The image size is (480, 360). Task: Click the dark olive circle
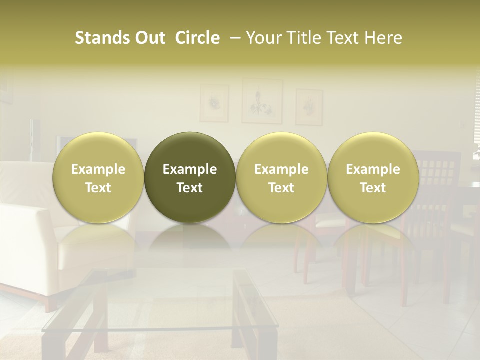click(190, 178)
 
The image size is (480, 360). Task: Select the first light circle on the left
click(98, 178)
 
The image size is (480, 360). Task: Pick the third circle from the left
click(281, 178)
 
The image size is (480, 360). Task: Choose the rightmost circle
click(373, 178)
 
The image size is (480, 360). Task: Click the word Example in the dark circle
click(190, 169)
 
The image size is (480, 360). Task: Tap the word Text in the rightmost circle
click(373, 188)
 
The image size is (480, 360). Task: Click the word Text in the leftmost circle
click(98, 188)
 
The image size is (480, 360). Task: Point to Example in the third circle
click(281, 169)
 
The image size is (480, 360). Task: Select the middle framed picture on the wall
click(262, 101)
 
